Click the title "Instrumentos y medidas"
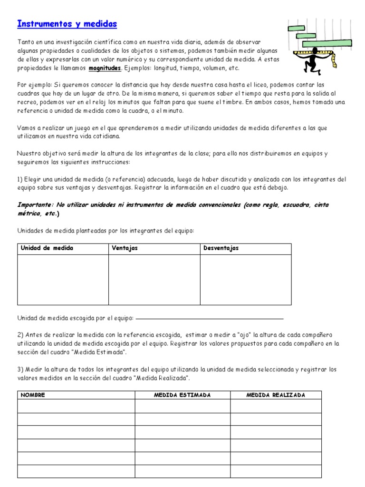point(67,24)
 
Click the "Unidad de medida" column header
point(47,248)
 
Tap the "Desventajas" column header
point(221,248)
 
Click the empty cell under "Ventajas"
point(154,280)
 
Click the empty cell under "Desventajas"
point(245,280)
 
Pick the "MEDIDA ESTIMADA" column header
point(182,395)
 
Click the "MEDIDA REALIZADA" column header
point(276,395)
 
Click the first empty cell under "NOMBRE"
point(76,406)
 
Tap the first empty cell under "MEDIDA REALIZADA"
point(276,406)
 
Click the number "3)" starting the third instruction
point(21,369)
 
